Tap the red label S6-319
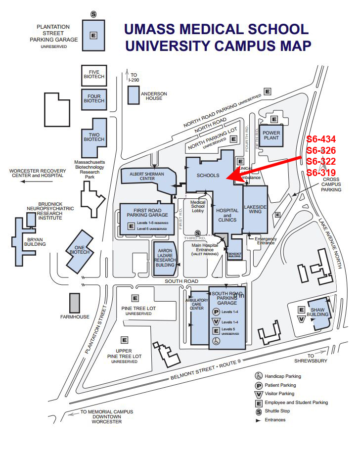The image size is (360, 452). [321, 173]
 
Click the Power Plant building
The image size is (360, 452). [271, 135]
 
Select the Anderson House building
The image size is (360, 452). [133, 94]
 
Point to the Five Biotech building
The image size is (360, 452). [94, 75]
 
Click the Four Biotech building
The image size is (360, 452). [94, 98]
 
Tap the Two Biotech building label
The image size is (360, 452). [93, 136]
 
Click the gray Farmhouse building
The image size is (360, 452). [74, 303]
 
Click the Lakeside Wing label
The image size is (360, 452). [255, 209]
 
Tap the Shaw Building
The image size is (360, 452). [317, 315]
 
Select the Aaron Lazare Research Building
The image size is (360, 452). [165, 258]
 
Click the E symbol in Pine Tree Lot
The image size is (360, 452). [135, 298]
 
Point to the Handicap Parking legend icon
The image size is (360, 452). [258, 376]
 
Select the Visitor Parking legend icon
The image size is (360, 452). [258, 394]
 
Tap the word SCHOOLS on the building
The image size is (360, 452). [208, 176]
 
